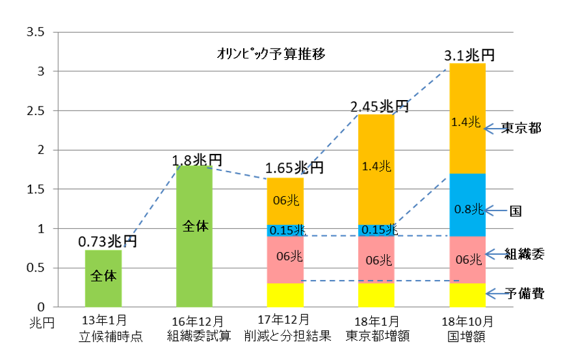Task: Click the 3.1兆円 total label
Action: pyautogui.click(x=468, y=55)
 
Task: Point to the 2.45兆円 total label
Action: pyautogui.click(x=379, y=105)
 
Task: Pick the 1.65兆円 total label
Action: pyautogui.click(x=294, y=168)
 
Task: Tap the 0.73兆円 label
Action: pyautogui.click(x=107, y=242)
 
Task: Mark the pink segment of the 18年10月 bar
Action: pyautogui.click(x=467, y=259)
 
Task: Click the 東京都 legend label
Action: pyautogui.click(x=521, y=129)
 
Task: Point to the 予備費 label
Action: pyautogui.click(x=525, y=294)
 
